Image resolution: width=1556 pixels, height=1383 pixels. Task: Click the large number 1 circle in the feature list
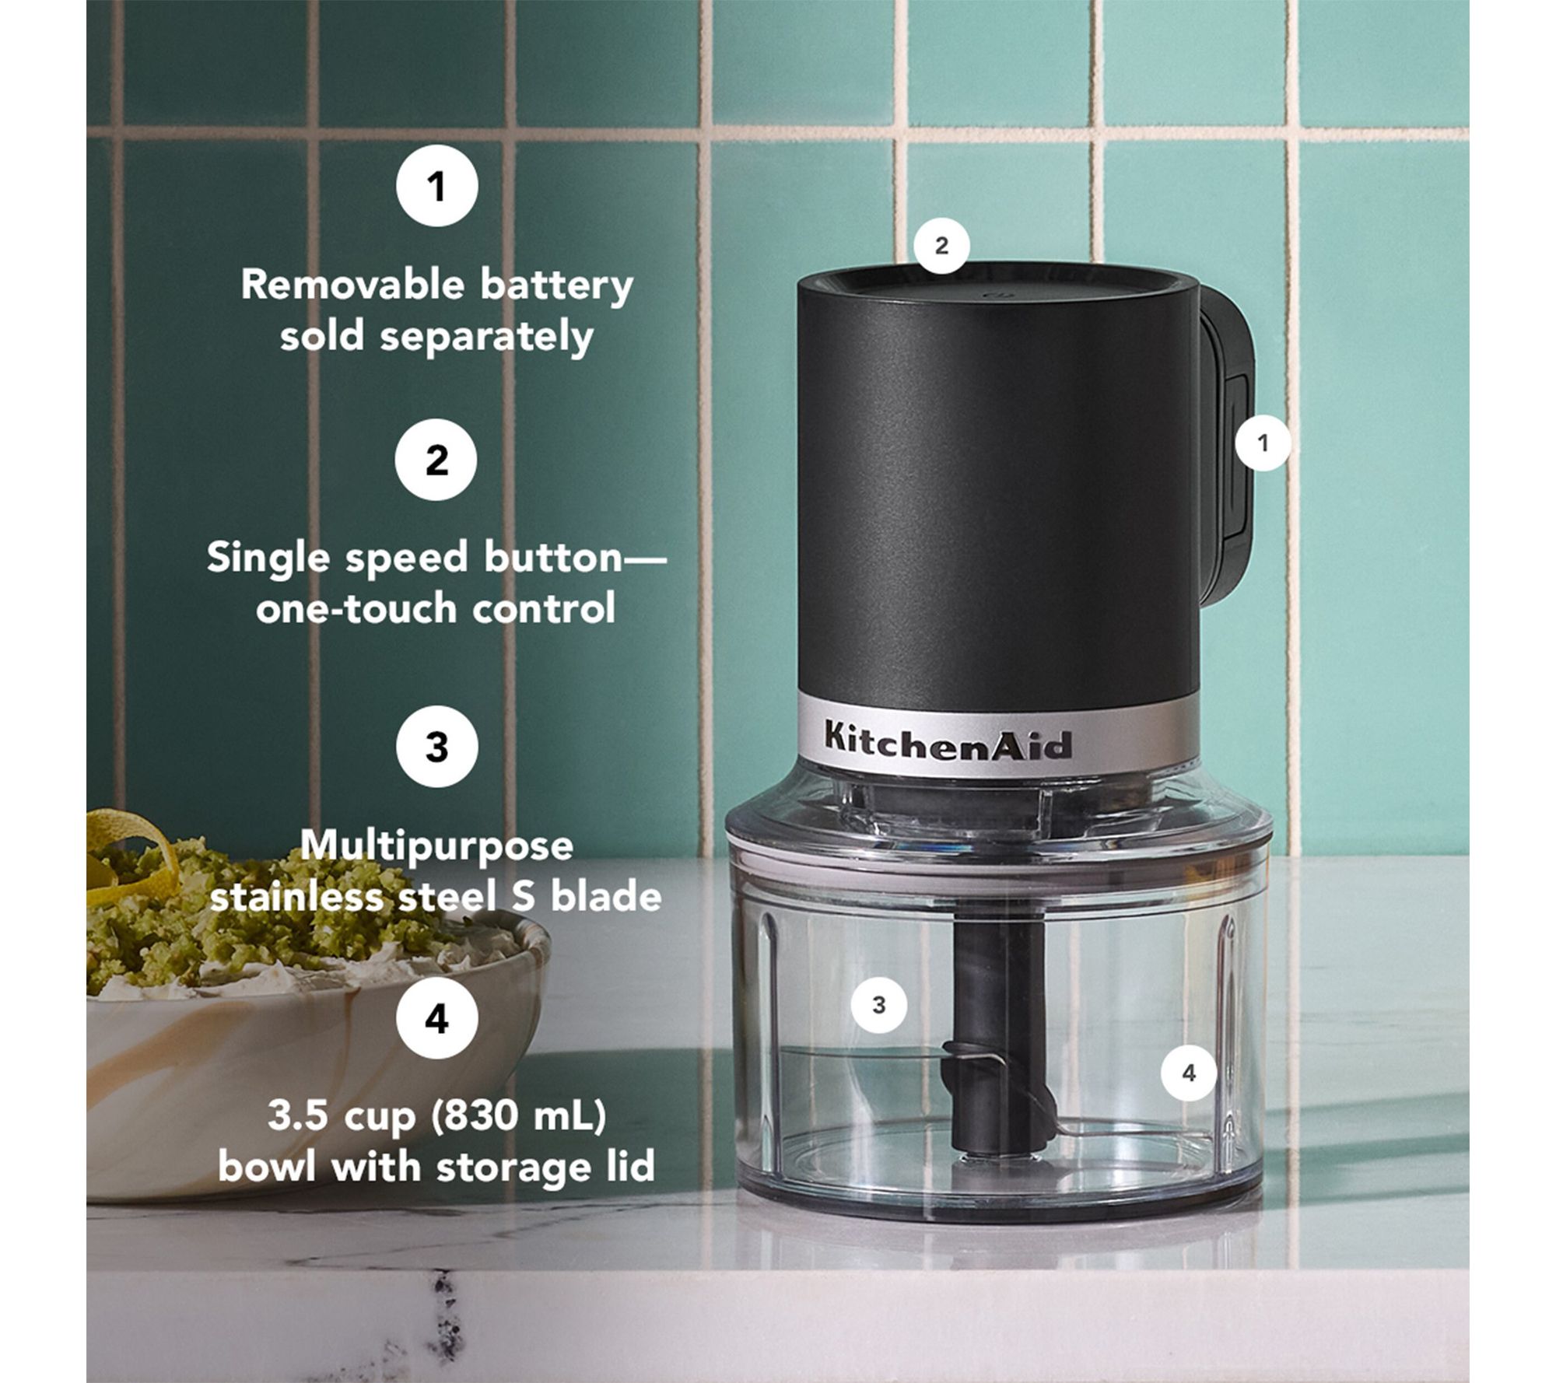pyautogui.click(x=436, y=187)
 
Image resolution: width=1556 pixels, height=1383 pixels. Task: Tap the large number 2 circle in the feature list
pyautogui.click(x=436, y=460)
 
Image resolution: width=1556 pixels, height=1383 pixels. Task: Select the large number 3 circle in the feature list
pyautogui.click(x=436, y=746)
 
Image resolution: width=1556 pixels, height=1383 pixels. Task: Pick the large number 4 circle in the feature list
pyautogui.click(x=436, y=1018)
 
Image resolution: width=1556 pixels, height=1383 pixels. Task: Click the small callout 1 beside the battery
pyautogui.click(x=1263, y=443)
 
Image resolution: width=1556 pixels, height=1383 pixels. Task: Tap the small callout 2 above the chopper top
pyautogui.click(x=941, y=246)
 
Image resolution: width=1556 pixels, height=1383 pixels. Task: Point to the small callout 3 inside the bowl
pyautogui.click(x=878, y=1005)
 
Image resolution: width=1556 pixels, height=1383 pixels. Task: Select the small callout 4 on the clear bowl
pyautogui.click(x=1188, y=1073)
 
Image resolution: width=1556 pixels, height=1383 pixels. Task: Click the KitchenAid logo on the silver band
pyautogui.click(x=948, y=740)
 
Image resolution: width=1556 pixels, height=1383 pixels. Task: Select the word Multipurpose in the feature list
pyautogui.click(x=436, y=846)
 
